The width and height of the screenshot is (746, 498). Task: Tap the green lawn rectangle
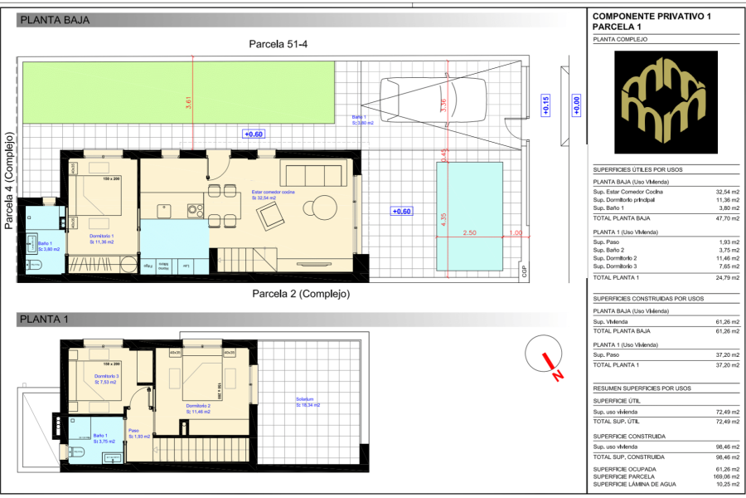tap(178, 93)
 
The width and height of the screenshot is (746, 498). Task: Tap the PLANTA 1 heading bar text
tap(44, 320)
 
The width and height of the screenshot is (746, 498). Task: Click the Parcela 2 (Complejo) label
tap(300, 294)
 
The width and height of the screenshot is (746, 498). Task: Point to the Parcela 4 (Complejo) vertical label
tap(9, 180)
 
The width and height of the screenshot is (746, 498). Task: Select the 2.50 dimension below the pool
tap(469, 233)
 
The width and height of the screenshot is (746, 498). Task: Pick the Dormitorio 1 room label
tap(102, 237)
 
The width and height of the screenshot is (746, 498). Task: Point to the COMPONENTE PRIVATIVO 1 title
tap(652, 17)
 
